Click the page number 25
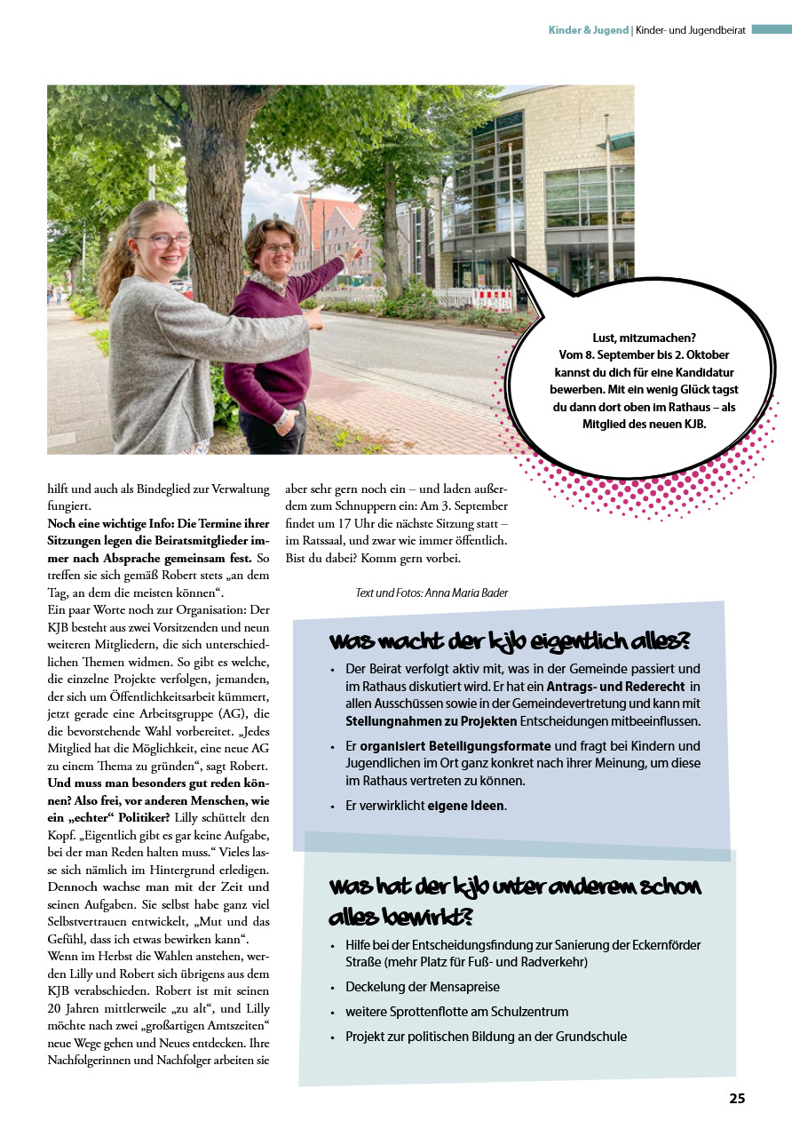pos(737,1099)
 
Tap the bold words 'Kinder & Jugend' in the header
pos(589,30)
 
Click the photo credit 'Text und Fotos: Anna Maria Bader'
pos(432,592)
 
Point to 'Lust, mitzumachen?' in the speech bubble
pos(645,338)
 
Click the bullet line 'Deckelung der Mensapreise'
pos(423,987)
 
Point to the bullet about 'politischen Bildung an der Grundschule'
pos(486,1037)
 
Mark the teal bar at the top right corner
pos(771,29)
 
